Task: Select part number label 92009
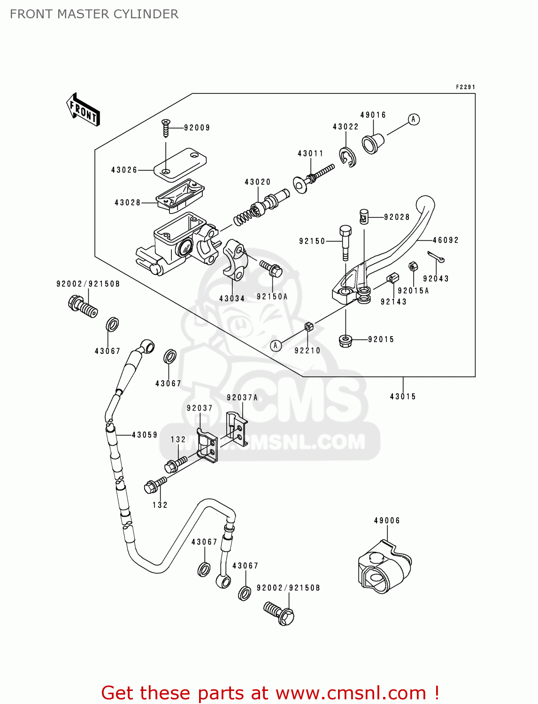[197, 128]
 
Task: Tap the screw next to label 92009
[165, 128]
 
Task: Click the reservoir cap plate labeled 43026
[181, 164]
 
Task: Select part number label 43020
[257, 182]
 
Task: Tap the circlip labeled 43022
[347, 157]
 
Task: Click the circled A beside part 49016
[413, 120]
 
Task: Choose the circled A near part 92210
[276, 346]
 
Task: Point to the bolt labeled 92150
[345, 242]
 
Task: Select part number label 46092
[446, 240]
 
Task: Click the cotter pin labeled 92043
[436, 257]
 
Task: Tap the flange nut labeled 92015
[346, 340]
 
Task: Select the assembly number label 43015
[403, 397]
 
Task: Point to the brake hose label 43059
[145, 435]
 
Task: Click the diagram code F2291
[465, 87]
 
